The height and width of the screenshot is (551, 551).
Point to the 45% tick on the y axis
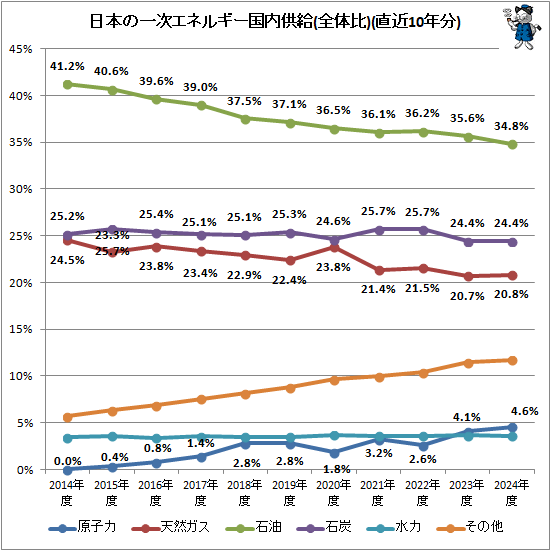(x=23, y=48)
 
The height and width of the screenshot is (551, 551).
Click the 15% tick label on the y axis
(x=23, y=329)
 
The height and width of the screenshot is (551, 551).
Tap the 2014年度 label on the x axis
(x=67, y=491)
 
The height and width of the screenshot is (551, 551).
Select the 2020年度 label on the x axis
(x=334, y=491)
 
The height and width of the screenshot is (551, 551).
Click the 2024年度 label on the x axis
(x=512, y=491)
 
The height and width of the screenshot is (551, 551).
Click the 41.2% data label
(x=67, y=65)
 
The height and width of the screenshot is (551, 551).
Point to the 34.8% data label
(x=512, y=125)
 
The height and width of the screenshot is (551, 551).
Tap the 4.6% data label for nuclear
(x=525, y=410)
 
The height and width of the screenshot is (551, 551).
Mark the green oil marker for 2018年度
(x=245, y=118)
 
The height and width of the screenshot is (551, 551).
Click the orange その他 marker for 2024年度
(x=512, y=360)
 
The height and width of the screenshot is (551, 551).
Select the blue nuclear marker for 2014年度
(x=67, y=470)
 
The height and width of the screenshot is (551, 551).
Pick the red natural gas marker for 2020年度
(x=334, y=247)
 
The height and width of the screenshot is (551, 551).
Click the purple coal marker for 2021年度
(x=379, y=229)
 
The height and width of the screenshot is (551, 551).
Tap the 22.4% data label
(x=290, y=280)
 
